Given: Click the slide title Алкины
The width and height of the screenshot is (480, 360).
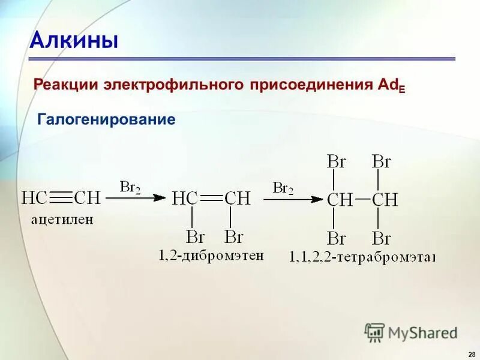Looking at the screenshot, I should pos(74,41).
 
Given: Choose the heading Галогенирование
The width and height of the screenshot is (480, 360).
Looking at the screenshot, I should pos(106,119).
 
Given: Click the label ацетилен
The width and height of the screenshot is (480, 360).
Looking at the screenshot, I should pos(62,220).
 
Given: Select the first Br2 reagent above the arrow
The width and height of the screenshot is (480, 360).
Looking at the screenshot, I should pos(130,187).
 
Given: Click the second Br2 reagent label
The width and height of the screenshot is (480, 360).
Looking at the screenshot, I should pos(283,188).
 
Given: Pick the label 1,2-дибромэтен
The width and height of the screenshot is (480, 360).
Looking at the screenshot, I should pos(211,256).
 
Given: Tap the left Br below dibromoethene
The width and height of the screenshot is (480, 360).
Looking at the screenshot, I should pos(195,236).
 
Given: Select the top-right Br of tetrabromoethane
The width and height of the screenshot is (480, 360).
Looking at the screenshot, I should pos(382,161).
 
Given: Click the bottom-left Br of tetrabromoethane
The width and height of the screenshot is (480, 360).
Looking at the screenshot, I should pos(336,238).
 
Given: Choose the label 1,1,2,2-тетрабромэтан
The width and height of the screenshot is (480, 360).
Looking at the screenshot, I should pos(362,257).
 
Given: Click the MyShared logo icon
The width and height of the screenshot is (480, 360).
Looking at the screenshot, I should pos(374,332).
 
